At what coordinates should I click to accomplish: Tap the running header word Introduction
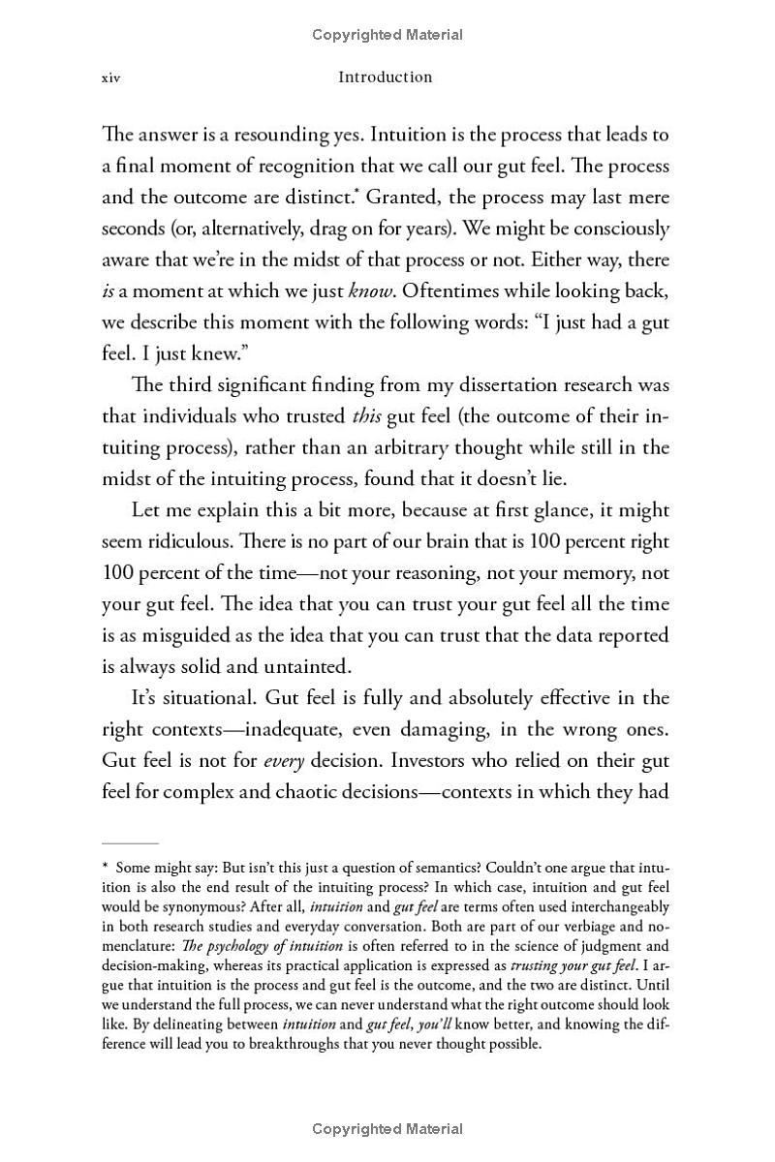tap(385, 76)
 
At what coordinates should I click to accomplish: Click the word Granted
tap(400, 198)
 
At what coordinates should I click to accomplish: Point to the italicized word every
tap(284, 761)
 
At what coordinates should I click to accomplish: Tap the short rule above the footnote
tap(130, 843)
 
